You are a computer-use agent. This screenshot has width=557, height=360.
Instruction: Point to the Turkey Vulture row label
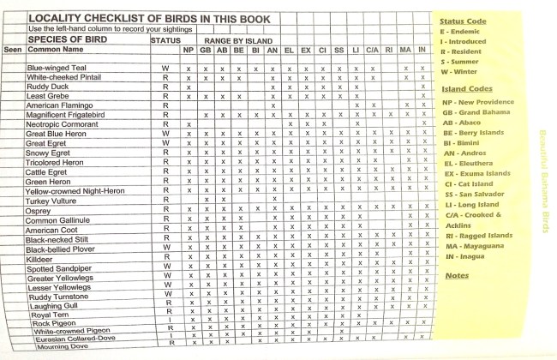tap(54, 200)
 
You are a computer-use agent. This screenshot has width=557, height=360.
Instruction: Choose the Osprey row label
tap(39, 210)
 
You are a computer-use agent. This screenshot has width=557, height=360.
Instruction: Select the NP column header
tap(188, 50)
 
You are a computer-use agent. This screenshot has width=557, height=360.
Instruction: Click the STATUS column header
tap(165, 39)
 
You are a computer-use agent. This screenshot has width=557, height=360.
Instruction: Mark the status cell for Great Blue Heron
tap(166, 134)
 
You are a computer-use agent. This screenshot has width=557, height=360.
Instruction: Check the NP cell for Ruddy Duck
tap(188, 87)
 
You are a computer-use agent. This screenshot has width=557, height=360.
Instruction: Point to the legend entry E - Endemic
tap(461, 31)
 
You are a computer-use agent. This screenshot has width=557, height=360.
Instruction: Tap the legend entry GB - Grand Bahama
tap(474, 112)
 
